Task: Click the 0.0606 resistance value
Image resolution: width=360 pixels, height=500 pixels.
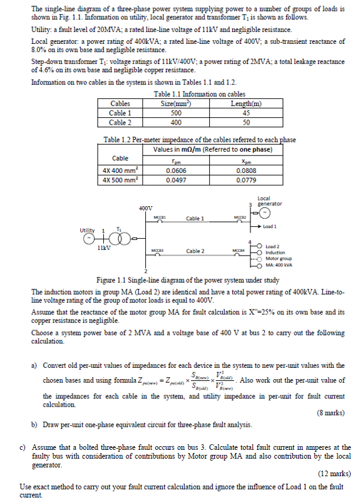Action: (x=170, y=169)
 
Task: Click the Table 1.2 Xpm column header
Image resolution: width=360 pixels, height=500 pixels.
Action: (x=246, y=160)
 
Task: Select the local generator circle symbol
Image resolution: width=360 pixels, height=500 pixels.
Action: (x=255, y=212)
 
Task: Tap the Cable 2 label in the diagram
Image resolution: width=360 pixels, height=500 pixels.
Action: (x=195, y=251)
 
